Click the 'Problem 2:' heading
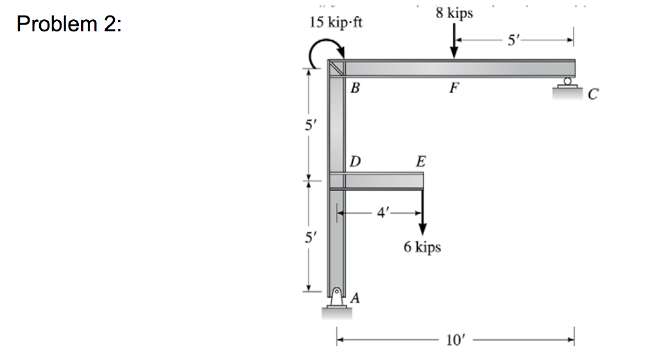(69, 24)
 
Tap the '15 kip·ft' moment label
(336, 22)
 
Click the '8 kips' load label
(454, 13)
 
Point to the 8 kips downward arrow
(454, 41)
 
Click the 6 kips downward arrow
(422, 212)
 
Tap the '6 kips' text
(422, 246)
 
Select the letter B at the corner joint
(355, 87)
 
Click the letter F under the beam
(454, 87)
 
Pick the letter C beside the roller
(593, 94)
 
